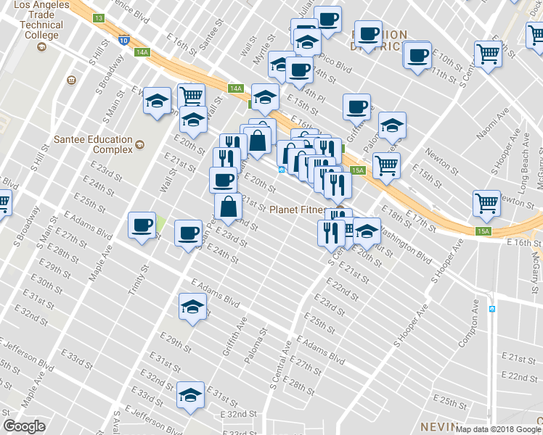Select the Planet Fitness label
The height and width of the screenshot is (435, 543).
[298, 210]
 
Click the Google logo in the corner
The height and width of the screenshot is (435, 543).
[24, 426]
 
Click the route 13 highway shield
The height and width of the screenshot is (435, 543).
[99, 17]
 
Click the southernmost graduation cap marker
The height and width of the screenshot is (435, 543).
[190, 395]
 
